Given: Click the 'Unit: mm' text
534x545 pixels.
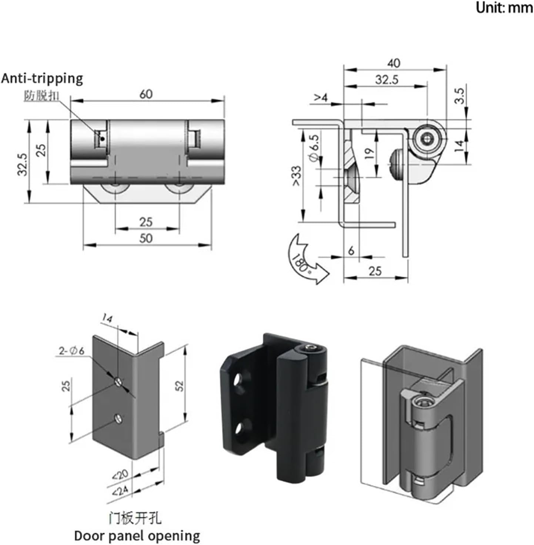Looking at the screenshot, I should tap(504, 8).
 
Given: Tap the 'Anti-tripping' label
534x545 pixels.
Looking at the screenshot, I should tap(42, 79).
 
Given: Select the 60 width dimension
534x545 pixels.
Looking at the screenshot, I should tap(146, 94).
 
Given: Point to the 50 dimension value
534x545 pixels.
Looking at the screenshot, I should tap(146, 238).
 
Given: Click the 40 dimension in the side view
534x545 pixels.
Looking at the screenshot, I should tap(394, 63).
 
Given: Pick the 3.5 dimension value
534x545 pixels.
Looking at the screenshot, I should tap(459, 95).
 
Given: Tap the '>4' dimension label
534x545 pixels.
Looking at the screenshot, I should tap(321, 98).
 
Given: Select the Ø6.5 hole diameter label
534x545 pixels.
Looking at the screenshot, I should tap(313, 148).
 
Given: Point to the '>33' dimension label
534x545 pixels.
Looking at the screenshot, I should tap(297, 176).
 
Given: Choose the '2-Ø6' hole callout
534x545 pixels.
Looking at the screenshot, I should tap(71, 350).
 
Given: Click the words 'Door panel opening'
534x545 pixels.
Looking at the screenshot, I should tap(137, 536).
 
